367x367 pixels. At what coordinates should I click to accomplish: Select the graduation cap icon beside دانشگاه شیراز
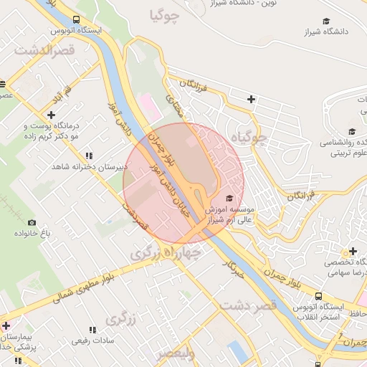(x=326, y=22)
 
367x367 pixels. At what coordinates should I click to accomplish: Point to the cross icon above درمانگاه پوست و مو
(x=51, y=115)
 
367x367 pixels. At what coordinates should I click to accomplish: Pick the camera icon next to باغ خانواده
(x=31, y=222)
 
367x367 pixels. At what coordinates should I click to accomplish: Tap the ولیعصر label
(x=176, y=353)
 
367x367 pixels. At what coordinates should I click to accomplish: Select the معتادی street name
(x=174, y=108)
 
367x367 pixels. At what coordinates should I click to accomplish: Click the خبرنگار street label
(x=234, y=269)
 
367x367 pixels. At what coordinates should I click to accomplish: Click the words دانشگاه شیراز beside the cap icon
(x=306, y=32)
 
